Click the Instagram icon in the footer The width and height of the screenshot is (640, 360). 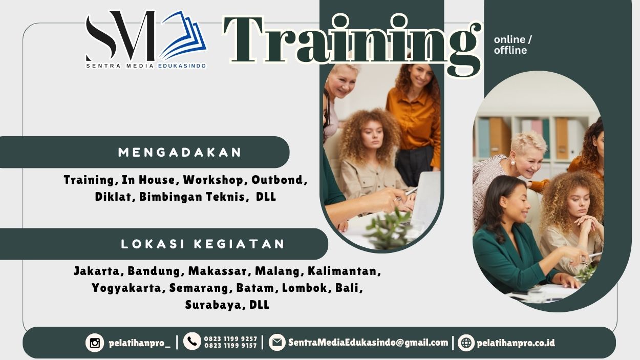(95, 343)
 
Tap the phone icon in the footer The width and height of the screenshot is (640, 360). (192, 342)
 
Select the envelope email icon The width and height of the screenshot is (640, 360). (277, 342)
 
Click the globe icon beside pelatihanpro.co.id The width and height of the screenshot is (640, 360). (466, 343)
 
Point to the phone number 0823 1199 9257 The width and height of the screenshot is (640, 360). (230, 338)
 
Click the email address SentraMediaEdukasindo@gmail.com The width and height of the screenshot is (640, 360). (368, 343)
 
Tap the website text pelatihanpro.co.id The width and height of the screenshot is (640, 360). (516, 343)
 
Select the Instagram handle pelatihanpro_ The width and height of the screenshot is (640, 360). (139, 343)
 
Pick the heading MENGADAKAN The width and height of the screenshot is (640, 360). (180, 152)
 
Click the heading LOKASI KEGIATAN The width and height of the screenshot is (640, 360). (203, 244)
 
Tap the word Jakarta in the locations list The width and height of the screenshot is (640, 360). (98, 271)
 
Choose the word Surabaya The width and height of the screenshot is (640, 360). (214, 305)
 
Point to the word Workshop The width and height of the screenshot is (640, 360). (214, 180)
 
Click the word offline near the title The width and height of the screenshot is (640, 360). (510, 50)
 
